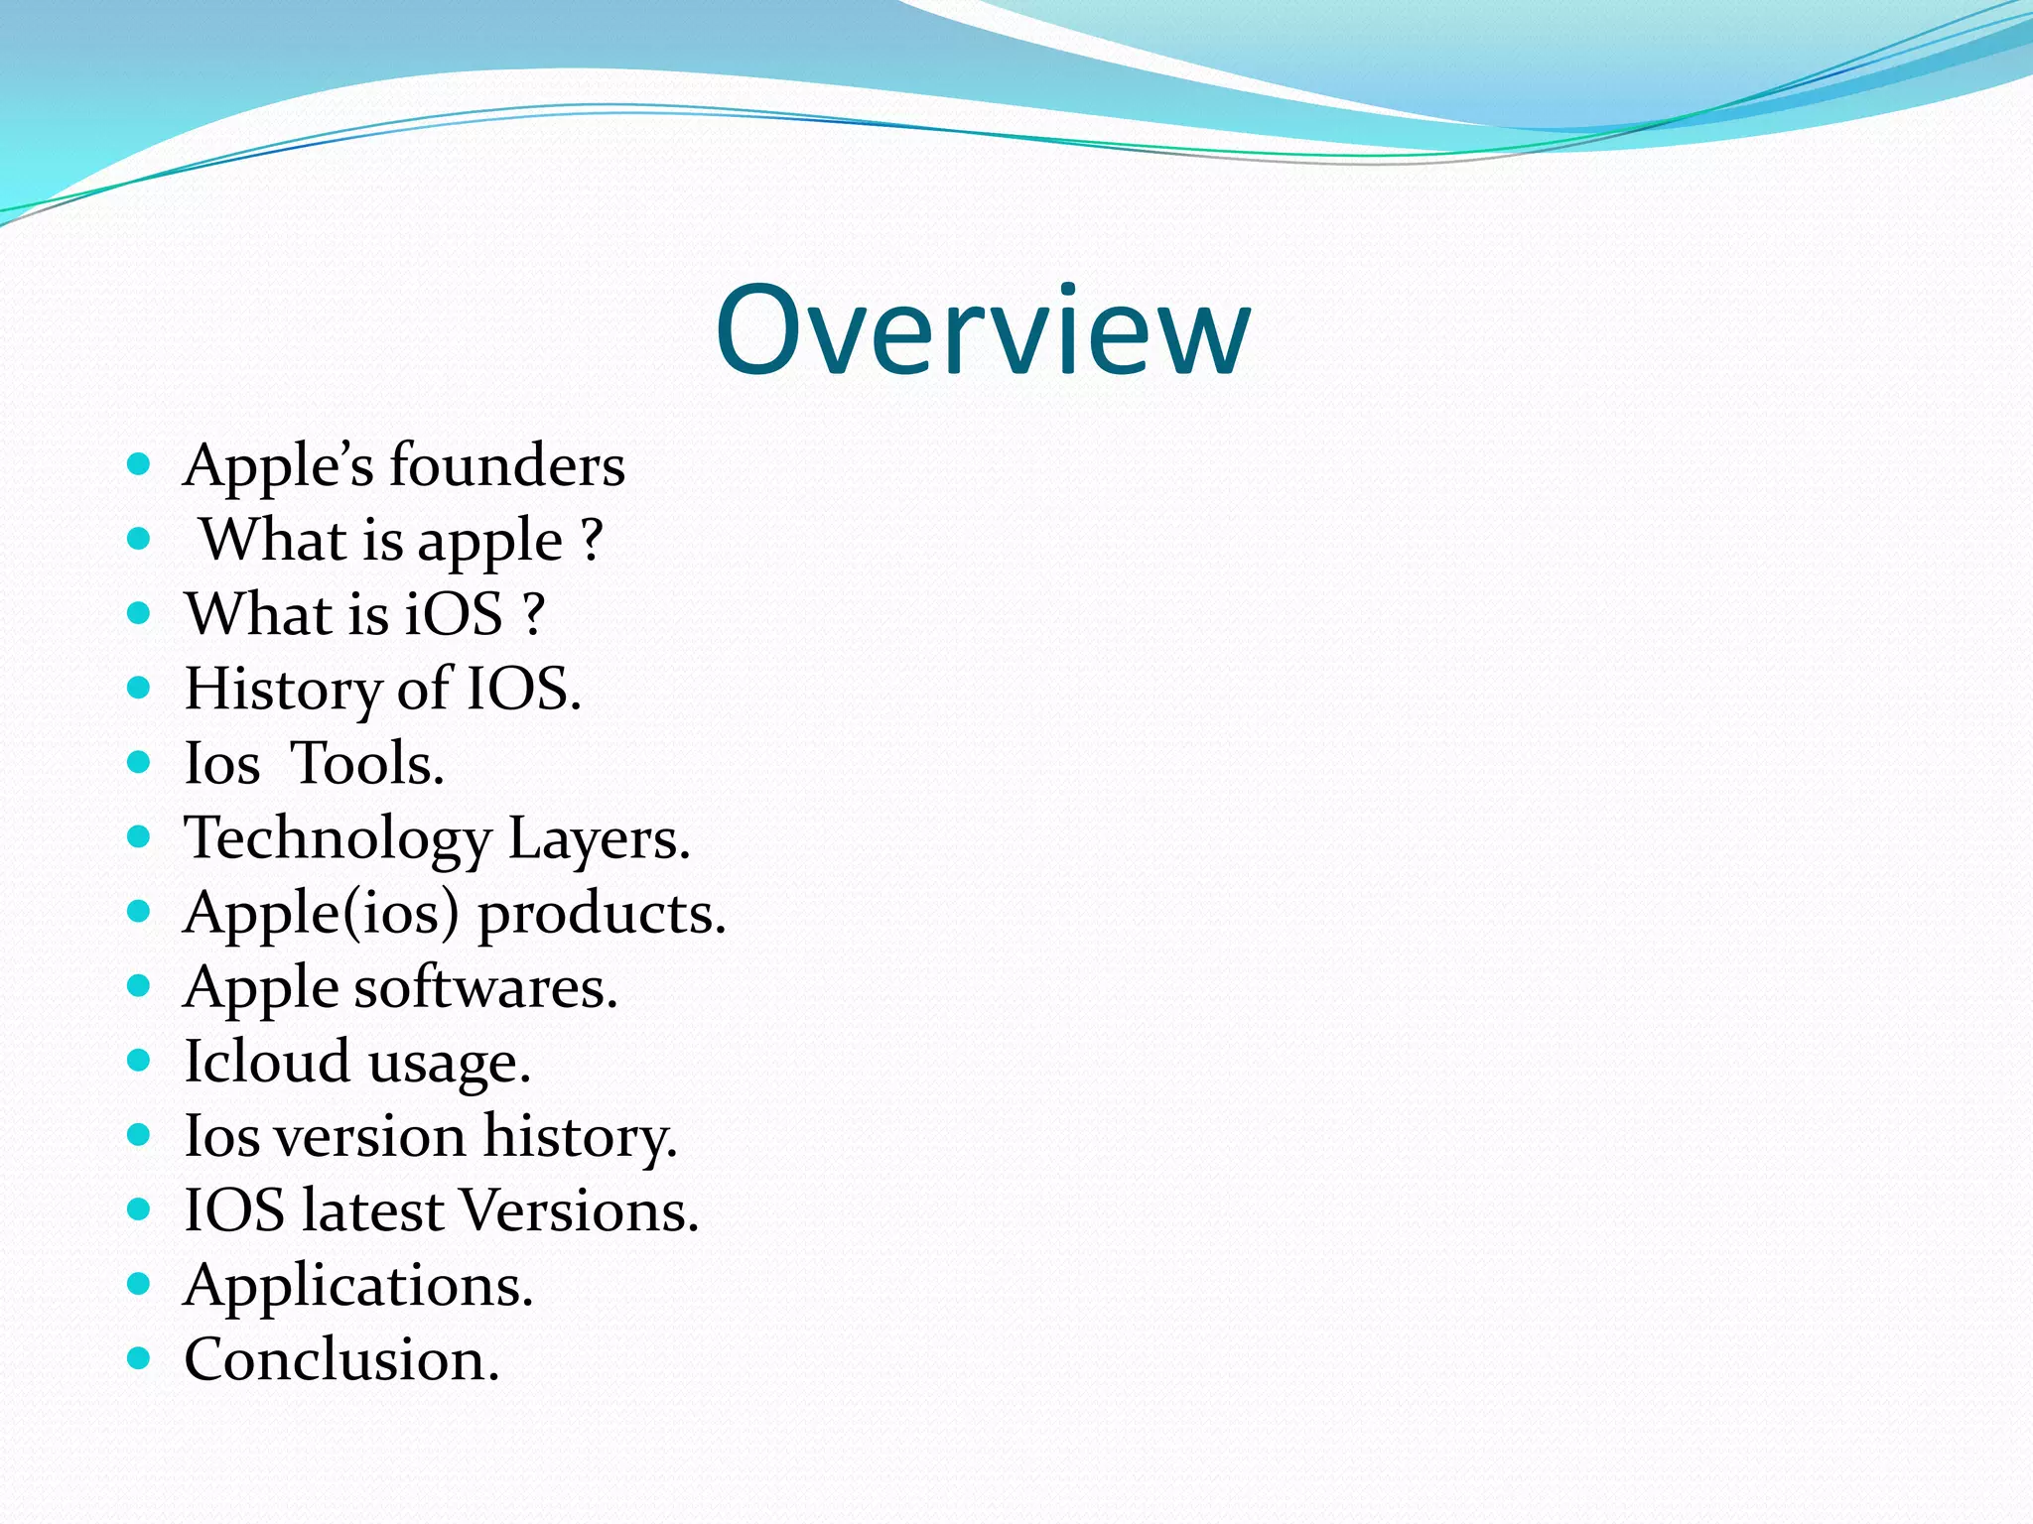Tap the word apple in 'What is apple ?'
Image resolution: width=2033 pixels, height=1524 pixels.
tap(489, 542)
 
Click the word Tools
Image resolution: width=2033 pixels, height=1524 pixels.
tap(367, 763)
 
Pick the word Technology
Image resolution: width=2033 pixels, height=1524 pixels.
tap(338, 839)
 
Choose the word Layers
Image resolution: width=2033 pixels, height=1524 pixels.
tap(599, 839)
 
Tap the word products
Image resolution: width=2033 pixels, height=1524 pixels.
tap(602, 913)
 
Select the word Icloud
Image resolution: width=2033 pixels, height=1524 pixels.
tap(267, 1062)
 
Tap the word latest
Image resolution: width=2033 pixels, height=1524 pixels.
tap(372, 1210)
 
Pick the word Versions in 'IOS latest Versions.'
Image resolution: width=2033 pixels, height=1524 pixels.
tap(580, 1210)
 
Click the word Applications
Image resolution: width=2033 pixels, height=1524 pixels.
tap(358, 1286)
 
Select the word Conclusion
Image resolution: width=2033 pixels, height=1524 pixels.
tap(341, 1359)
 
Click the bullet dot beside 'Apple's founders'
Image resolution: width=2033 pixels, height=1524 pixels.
tap(139, 463)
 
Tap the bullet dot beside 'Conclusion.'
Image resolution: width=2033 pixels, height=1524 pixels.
tap(139, 1358)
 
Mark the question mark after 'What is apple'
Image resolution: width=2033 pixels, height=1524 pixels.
tap(592, 541)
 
